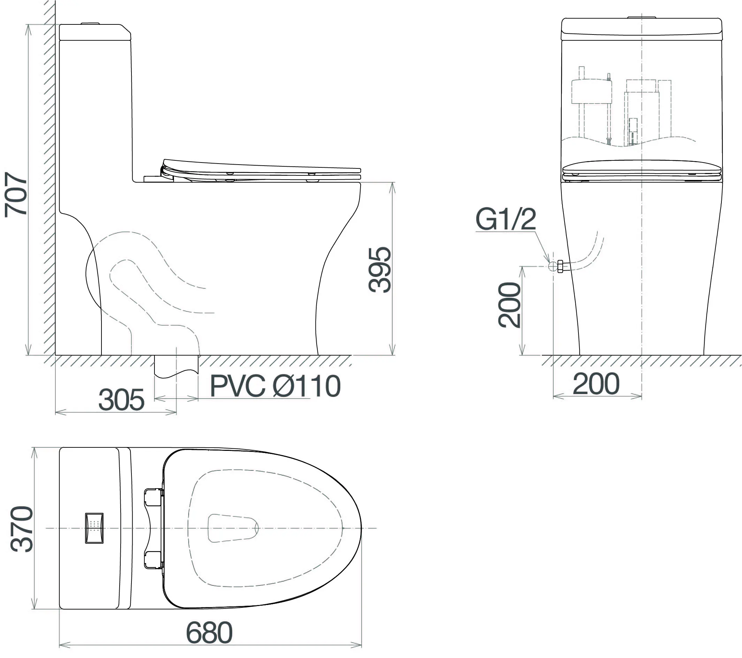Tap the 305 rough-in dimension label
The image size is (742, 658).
[x=122, y=400]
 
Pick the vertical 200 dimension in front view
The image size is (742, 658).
[x=509, y=305]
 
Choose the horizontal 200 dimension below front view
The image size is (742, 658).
[x=596, y=384]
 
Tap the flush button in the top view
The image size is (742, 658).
[x=94, y=528]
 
